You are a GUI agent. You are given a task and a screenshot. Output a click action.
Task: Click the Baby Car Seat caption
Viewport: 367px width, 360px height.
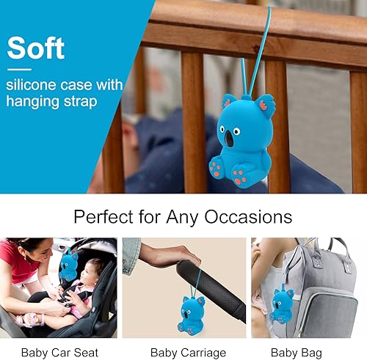(x=58, y=353)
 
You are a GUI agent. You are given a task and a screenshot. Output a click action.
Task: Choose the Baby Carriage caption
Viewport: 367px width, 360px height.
(x=184, y=353)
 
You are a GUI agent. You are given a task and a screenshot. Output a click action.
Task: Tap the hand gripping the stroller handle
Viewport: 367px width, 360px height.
(x=163, y=255)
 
